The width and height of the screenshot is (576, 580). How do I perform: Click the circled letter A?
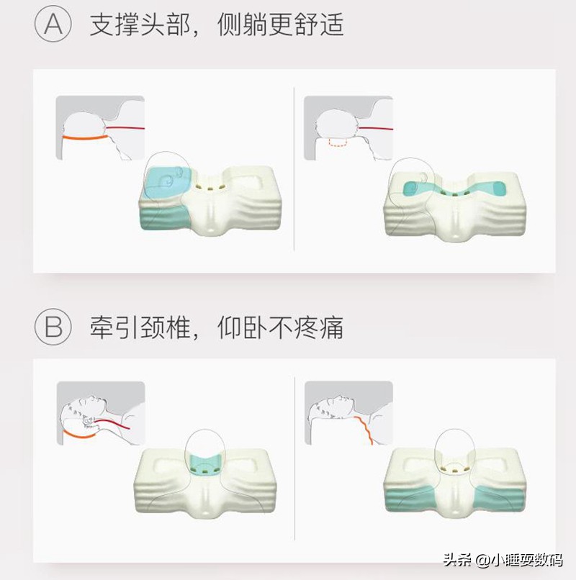(x=53, y=25)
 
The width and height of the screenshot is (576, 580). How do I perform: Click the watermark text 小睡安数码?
(x=525, y=561)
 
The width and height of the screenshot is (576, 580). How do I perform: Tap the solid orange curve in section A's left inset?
(x=83, y=135)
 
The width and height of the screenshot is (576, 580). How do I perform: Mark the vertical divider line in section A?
(x=295, y=169)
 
